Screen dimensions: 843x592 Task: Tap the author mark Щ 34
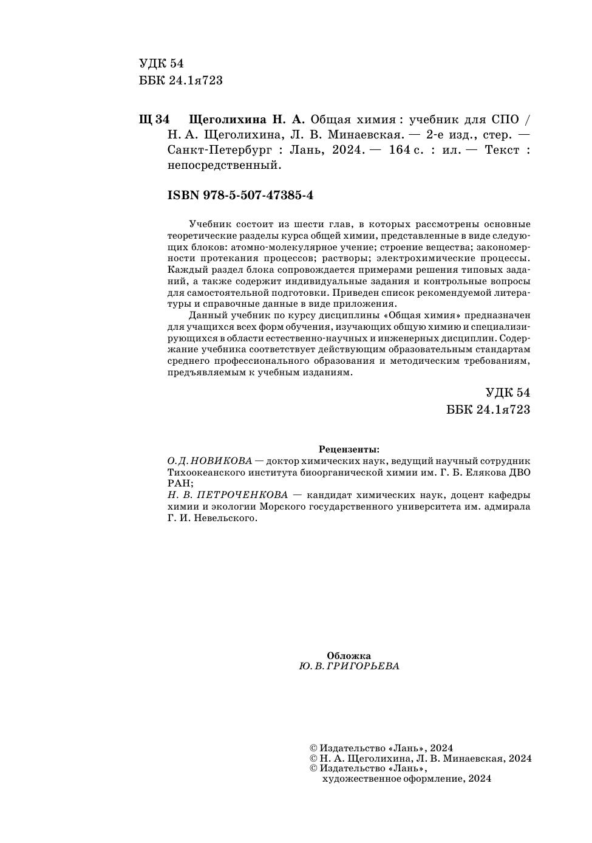(x=154, y=119)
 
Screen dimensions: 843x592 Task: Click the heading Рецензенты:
(x=349, y=449)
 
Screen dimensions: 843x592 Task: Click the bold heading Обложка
(x=349, y=655)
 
